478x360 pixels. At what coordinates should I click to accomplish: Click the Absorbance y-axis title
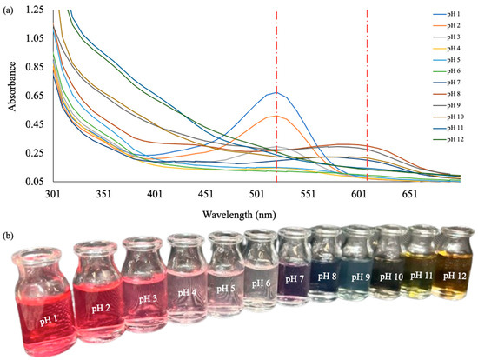10,94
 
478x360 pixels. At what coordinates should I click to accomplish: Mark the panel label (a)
8,7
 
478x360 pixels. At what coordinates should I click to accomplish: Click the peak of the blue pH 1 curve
276,92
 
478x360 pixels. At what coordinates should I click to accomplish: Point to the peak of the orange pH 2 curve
276,116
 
